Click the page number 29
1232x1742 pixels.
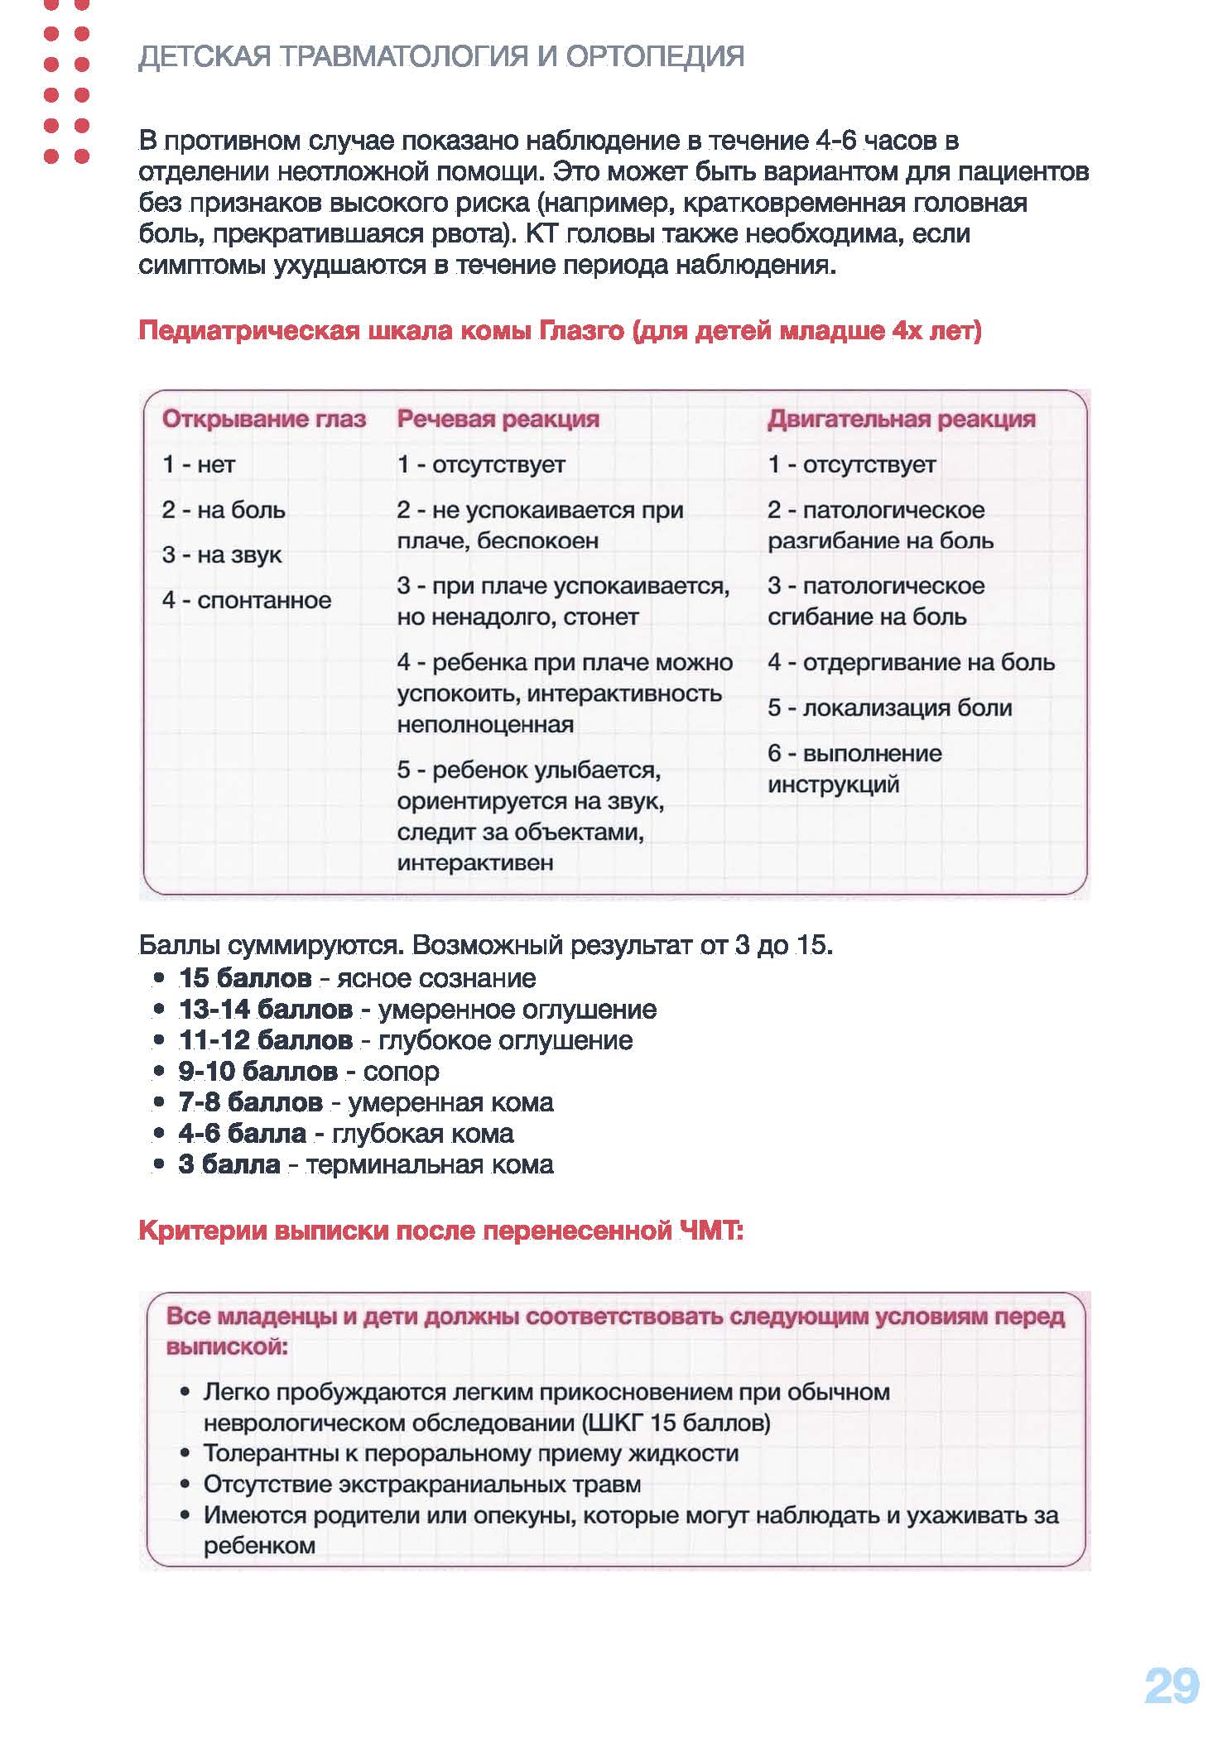pos(1171,1686)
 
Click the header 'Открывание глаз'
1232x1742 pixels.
pos(263,420)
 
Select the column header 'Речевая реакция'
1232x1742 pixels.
pos(498,420)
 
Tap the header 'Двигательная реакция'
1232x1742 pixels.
pos(901,420)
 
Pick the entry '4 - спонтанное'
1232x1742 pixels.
pos(247,601)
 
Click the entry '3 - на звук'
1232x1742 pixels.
pos(222,555)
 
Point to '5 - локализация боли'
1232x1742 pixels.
pos(889,708)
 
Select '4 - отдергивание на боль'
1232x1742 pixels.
pos(911,663)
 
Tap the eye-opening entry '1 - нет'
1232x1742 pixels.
pos(199,465)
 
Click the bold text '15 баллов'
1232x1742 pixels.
pos(245,978)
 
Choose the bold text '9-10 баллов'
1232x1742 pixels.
pos(257,1072)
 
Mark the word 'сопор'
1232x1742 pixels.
pos(402,1072)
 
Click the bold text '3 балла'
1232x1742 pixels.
pos(229,1164)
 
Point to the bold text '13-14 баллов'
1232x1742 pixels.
pos(265,1010)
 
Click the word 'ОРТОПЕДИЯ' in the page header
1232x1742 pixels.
pos(655,56)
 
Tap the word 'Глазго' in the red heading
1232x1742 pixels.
pos(581,331)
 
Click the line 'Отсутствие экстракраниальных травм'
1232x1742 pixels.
pos(422,1485)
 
